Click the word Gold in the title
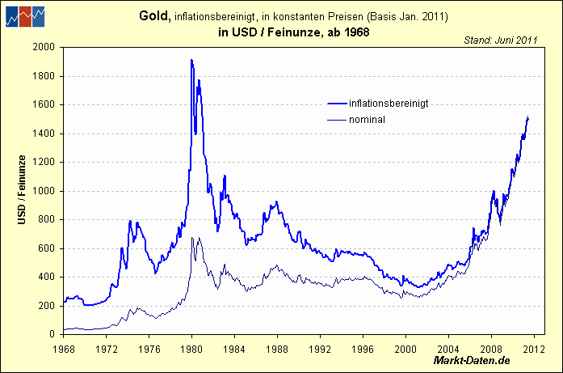coord(154,16)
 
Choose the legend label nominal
coord(367,120)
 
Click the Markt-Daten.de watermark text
coord(472,359)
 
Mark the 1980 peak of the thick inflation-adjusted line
coord(191,60)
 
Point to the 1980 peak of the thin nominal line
coord(192,238)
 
